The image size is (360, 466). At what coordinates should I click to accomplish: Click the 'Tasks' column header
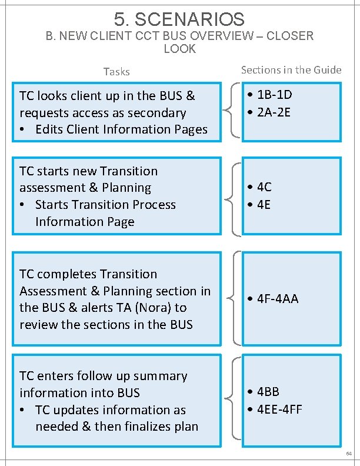[x=116, y=72]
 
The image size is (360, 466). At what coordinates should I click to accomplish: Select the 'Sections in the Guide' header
[x=291, y=70]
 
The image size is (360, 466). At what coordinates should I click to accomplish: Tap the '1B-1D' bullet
[x=274, y=95]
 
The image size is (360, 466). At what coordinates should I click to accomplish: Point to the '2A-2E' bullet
[x=274, y=112]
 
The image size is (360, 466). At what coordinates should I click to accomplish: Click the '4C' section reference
[x=264, y=187]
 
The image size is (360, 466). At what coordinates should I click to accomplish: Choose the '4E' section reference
[x=264, y=205]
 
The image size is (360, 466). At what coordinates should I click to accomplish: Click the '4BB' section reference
[x=268, y=392]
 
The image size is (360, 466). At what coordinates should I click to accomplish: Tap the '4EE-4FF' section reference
[x=279, y=409]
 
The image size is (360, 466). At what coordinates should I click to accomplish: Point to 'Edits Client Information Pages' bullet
[x=121, y=129]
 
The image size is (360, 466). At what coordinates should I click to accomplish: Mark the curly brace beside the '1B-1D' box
[x=231, y=112]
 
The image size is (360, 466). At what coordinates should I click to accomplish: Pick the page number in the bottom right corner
[x=349, y=454]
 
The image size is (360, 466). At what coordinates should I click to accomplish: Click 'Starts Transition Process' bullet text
[x=105, y=205]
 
